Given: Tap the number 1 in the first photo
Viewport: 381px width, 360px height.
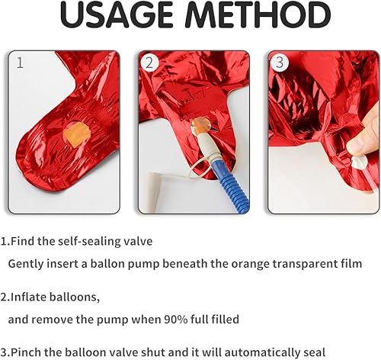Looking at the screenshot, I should pyautogui.click(x=20, y=63).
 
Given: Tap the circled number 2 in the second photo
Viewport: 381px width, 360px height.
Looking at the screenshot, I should pyautogui.click(x=150, y=63).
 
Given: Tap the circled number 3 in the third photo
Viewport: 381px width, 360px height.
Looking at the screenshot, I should pyautogui.click(x=280, y=63).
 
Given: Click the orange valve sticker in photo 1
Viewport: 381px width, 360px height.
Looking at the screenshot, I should pyautogui.click(x=76, y=134).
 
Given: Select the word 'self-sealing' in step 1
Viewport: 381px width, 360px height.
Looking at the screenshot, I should pyautogui.click(x=89, y=241).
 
